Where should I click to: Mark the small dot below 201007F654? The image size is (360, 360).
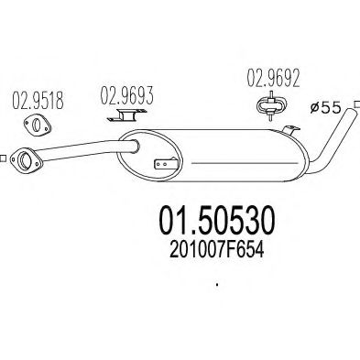point(217,285)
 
